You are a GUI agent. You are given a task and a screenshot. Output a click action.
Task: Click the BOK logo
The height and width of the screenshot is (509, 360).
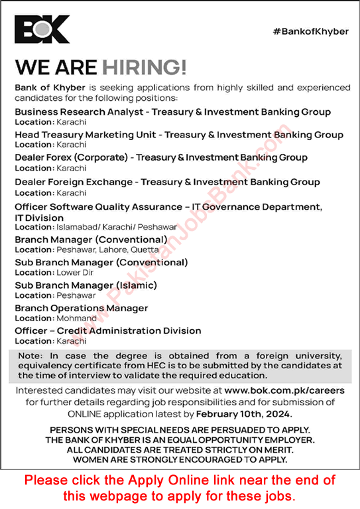point(42,30)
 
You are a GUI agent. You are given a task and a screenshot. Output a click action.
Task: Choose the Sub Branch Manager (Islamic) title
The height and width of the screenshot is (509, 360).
point(86,285)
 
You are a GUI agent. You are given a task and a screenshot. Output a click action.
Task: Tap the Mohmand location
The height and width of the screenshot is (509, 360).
point(74,319)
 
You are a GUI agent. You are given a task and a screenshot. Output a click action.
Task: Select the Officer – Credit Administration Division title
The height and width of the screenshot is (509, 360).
point(108,330)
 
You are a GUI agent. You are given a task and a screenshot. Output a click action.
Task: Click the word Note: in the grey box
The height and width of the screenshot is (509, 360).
point(29,356)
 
